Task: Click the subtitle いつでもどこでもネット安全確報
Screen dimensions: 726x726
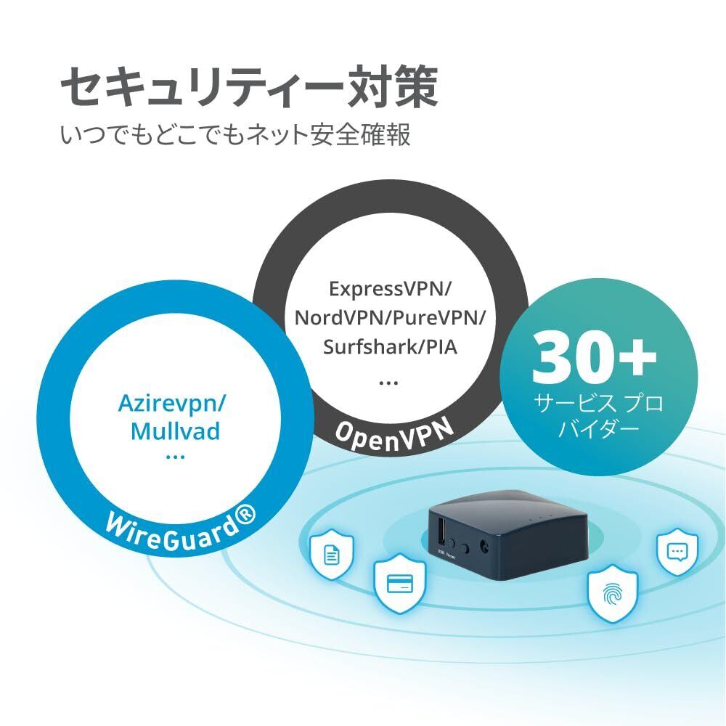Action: (x=235, y=136)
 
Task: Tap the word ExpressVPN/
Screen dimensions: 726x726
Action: (x=390, y=288)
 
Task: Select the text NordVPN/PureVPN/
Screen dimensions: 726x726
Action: (x=390, y=317)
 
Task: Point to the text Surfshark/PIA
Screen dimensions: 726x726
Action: (x=390, y=346)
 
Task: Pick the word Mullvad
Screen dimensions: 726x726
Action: (x=176, y=431)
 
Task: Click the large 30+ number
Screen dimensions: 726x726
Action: (x=595, y=358)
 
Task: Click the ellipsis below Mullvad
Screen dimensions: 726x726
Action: (x=176, y=457)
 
